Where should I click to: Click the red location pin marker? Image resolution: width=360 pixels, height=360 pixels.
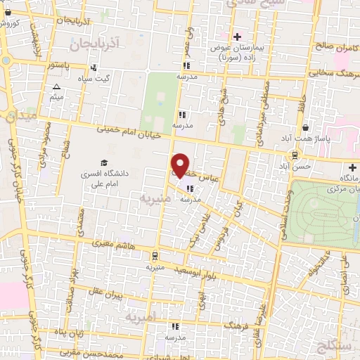click(x=181, y=166)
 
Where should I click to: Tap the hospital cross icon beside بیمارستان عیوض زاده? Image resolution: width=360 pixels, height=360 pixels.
click(x=237, y=37)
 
